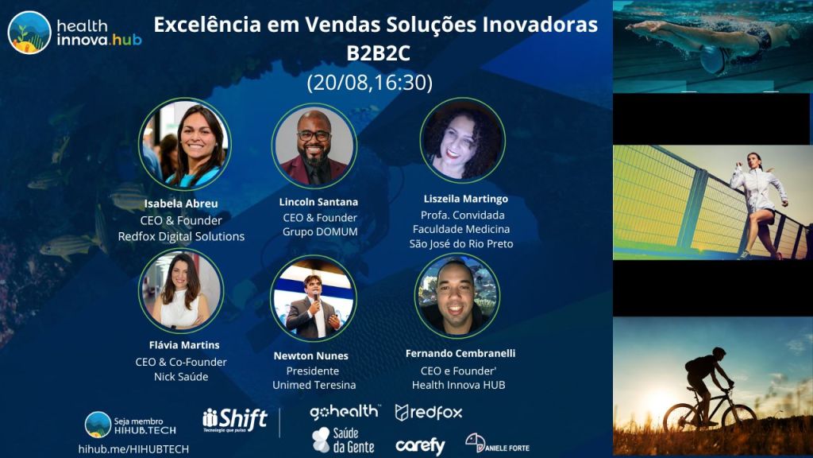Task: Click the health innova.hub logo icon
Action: (x=29, y=32)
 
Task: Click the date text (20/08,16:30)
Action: (x=370, y=83)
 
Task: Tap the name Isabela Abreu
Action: (x=181, y=204)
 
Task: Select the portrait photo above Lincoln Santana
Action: (x=314, y=146)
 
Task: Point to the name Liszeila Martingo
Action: (x=465, y=199)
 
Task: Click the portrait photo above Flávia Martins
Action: (x=181, y=291)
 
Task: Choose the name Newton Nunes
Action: (x=310, y=355)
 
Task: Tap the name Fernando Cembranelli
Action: (x=460, y=354)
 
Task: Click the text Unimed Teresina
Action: (x=314, y=386)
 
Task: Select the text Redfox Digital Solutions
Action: (x=181, y=237)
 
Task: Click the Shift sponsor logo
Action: (x=235, y=420)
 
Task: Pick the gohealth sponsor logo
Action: (x=345, y=412)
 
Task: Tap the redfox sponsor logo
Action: (x=428, y=413)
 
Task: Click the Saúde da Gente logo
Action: (x=343, y=441)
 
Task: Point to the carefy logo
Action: (x=420, y=446)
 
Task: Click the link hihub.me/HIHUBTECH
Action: (x=133, y=449)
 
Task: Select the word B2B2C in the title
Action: (x=378, y=53)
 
